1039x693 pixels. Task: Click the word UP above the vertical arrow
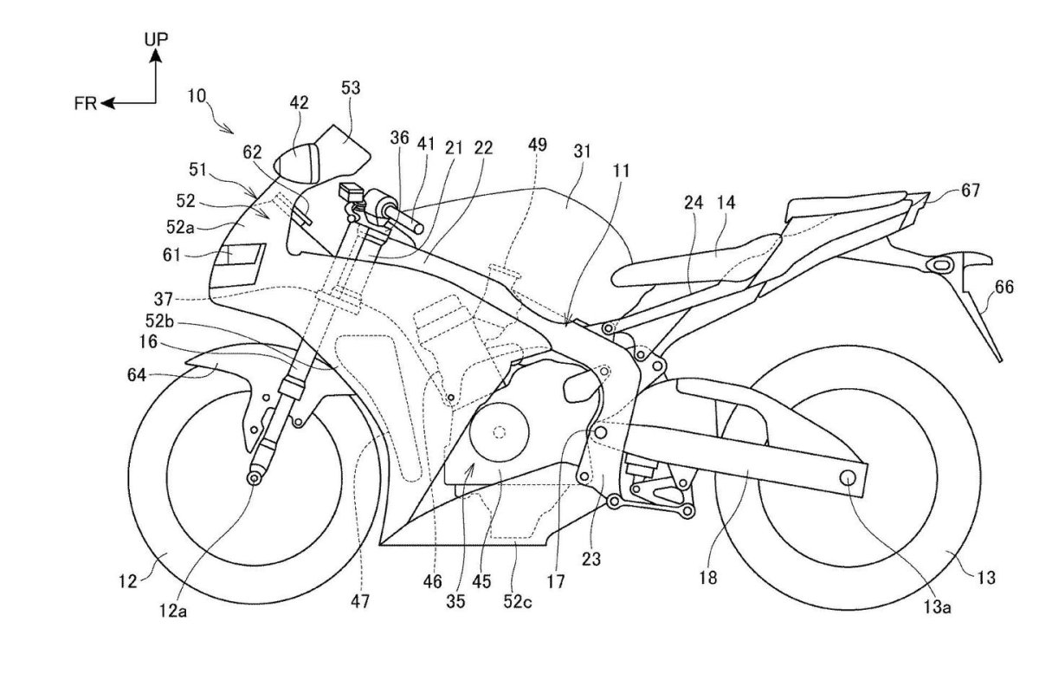coord(156,40)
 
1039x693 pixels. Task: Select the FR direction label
coord(86,103)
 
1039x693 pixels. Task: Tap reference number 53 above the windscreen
coord(350,87)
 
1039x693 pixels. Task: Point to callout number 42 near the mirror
coord(299,102)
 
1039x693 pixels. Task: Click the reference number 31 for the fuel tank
coord(582,151)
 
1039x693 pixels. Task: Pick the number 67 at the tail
coord(971,191)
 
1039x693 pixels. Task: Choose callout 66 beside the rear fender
coord(1004,288)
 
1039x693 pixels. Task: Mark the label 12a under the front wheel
coord(173,612)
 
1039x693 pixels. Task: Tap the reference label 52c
coord(518,602)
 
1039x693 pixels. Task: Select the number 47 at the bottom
coord(360,601)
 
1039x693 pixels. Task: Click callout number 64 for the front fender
coord(137,374)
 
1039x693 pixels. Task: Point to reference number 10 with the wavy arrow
coord(197,96)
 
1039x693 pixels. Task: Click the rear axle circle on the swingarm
coord(848,477)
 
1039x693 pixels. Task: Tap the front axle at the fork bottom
coord(253,478)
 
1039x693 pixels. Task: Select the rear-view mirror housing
coord(298,163)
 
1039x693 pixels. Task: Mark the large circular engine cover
coord(499,432)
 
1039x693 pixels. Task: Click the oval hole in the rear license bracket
coord(940,265)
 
